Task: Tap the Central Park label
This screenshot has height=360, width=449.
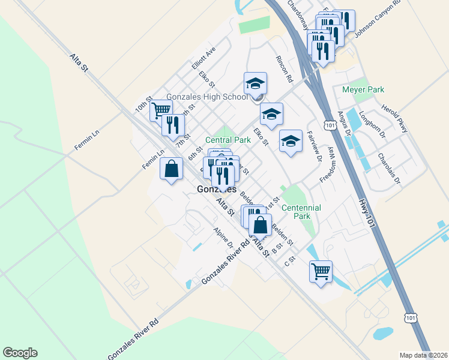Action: pos(228,140)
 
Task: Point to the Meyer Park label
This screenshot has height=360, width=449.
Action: pos(363,90)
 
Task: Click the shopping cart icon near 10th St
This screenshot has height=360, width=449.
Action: pos(161,110)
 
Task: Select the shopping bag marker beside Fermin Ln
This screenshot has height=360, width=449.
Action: pos(172,167)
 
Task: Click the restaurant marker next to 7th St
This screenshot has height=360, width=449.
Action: pos(173,125)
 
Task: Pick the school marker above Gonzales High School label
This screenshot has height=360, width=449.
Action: pos(255,83)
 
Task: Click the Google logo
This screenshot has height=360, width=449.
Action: pos(20,353)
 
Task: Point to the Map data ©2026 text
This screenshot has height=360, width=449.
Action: pos(423,355)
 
